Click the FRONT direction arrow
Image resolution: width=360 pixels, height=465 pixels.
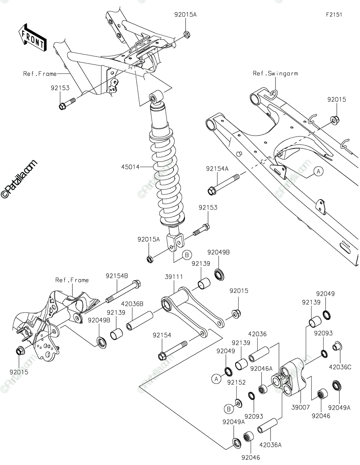tap(33, 38)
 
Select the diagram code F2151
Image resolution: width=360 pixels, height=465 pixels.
tap(334, 15)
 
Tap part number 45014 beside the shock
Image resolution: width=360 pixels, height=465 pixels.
tap(130, 167)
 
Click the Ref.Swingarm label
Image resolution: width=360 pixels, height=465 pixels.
tap(275, 74)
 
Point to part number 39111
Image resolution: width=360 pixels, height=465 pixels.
tap(174, 277)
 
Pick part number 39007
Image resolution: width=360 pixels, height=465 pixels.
tap(300, 407)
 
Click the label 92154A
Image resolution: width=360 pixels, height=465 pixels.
tap(217, 169)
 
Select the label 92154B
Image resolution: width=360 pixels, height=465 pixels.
tap(117, 276)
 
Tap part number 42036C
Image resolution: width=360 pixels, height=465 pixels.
tap(340, 367)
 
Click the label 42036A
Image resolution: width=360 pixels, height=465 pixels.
tap(270, 445)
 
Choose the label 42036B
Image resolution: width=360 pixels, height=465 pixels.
tap(133, 304)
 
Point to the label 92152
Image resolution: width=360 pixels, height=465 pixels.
tap(236, 382)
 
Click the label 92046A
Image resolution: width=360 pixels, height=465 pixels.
tap(262, 369)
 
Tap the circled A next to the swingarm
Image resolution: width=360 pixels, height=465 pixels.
tap(319, 172)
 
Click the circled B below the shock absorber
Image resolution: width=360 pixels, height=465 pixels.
tap(187, 255)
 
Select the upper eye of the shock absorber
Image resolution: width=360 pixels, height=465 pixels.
tap(156, 97)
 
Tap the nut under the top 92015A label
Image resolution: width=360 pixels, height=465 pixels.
tap(186, 34)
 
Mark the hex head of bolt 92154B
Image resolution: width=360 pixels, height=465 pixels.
tap(137, 284)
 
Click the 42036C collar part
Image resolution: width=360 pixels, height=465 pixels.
tap(337, 346)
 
